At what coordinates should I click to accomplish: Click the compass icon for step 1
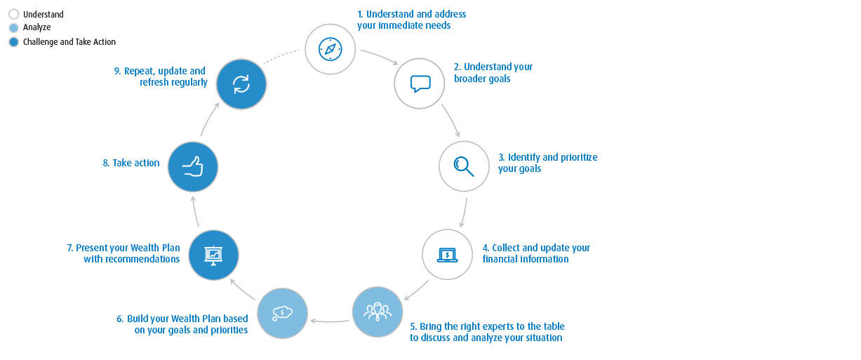(331, 49)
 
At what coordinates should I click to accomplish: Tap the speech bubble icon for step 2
(420, 84)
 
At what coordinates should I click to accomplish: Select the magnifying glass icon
(464, 166)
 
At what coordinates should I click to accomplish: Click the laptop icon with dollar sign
(448, 255)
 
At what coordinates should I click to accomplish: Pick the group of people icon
(378, 312)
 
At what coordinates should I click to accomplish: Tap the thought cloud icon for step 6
(283, 313)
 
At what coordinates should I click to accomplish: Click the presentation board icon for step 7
(213, 255)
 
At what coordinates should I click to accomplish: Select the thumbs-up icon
(192, 167)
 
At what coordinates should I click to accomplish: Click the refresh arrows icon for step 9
(241, 84)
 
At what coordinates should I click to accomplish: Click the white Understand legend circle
(13, 14)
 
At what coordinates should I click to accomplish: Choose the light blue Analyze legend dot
(13, 27)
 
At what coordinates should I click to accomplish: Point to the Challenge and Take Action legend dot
(13, 42)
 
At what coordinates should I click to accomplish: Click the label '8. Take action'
(131, 163)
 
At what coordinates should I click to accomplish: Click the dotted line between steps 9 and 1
(281, 55)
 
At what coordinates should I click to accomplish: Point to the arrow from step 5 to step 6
(330, 321)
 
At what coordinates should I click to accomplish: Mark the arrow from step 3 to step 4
(464, 213)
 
